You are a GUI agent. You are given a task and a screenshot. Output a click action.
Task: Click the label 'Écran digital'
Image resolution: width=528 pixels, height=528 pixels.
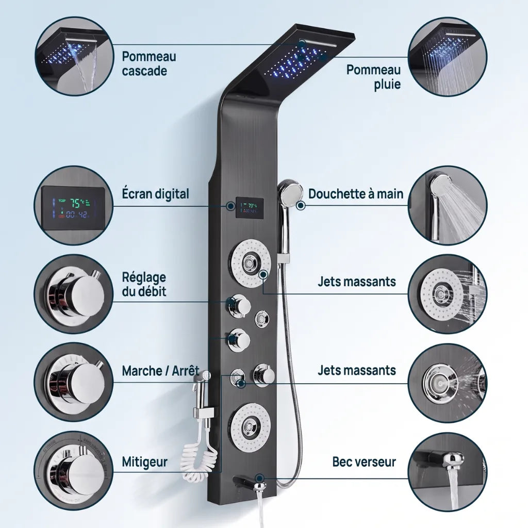[155, 194]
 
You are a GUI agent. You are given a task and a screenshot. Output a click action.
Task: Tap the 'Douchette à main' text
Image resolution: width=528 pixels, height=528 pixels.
[356, 194]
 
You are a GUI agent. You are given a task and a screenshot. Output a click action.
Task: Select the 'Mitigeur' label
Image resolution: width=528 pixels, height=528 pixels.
[144, 462]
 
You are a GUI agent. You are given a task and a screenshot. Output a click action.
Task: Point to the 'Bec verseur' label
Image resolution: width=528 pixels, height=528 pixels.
[364, 461]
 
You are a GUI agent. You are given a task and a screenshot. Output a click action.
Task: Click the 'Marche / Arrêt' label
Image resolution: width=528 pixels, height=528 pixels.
[160, 371]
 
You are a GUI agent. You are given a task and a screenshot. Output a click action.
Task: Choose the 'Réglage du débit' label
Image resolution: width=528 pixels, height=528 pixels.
[144, 285]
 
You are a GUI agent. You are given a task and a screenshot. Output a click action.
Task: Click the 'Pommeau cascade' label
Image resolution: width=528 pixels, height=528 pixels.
[149, 63]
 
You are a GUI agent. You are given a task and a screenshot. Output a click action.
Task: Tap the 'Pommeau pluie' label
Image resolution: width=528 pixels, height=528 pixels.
[373, 77]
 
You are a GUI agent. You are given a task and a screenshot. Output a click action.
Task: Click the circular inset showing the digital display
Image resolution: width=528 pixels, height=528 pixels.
[73, 205]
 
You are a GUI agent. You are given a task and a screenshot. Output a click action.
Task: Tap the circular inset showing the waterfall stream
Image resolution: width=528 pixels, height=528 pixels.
[73, 57]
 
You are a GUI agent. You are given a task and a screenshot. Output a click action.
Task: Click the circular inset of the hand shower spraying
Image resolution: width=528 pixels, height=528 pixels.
[448, 205]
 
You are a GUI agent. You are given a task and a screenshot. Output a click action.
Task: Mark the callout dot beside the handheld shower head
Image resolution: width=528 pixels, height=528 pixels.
[301, 205]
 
